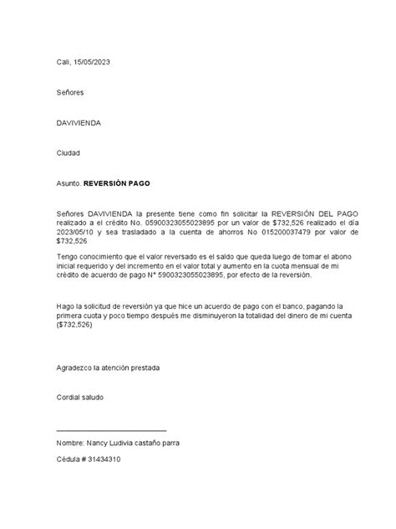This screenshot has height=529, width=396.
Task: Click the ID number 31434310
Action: pyautogui.click(x=110, y=460)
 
